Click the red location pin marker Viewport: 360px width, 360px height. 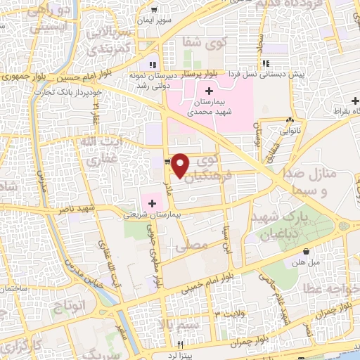click(x=181, y=166)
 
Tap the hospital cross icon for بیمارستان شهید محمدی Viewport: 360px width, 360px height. click(x=209, y=91)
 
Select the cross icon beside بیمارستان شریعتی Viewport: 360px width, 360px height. click(x=153, y=203)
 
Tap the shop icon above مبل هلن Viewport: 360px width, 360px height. click(x=306, y=251)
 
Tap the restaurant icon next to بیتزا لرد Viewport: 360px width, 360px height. click(x=181, y=345)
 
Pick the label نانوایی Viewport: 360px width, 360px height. click(x=271, y=130)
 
